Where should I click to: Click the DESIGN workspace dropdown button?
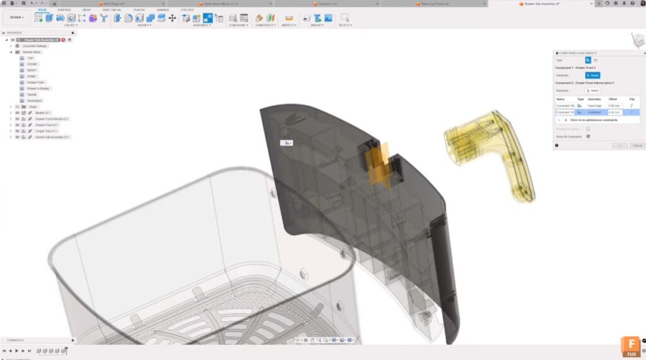[17, 17]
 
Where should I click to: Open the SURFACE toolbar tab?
[64, 10]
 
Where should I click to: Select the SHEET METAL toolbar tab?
[112, 10]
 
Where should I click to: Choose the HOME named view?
[32, 76]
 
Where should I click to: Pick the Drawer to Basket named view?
[38, 88]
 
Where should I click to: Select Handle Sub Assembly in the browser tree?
[52, 137]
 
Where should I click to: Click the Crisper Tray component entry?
[46, 131]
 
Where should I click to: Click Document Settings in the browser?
[35, 46]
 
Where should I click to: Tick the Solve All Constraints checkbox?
[588, 137]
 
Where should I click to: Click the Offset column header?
[613, 99]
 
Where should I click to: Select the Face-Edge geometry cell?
[594, 105]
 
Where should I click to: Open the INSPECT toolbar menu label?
[289, 25]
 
